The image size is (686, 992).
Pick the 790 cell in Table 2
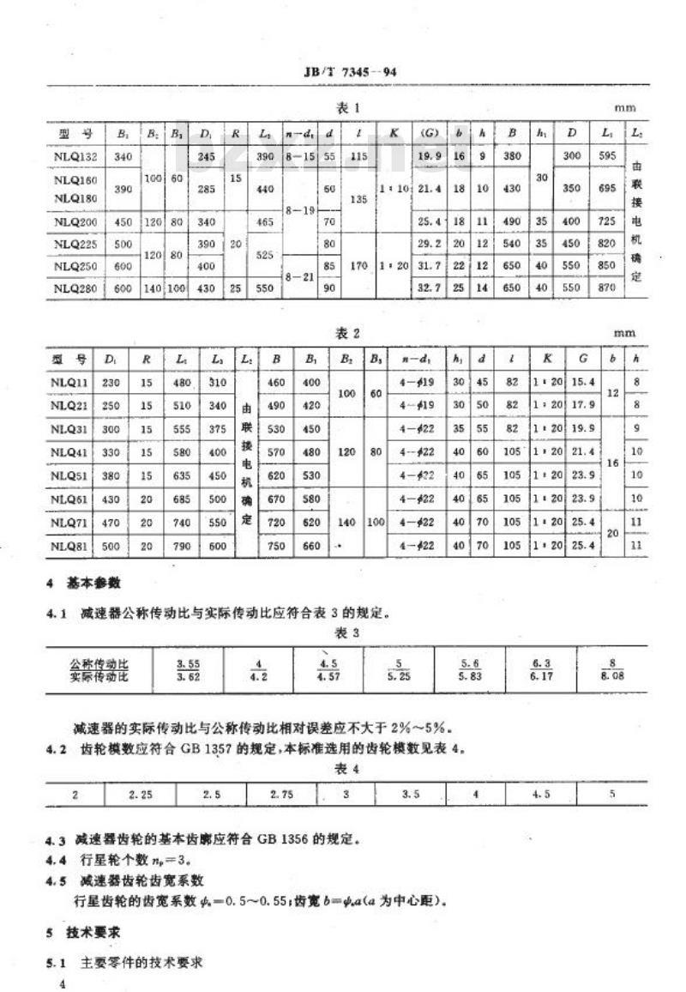tap(179, 546)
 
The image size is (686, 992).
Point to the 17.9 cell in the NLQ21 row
tap(583, 402)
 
